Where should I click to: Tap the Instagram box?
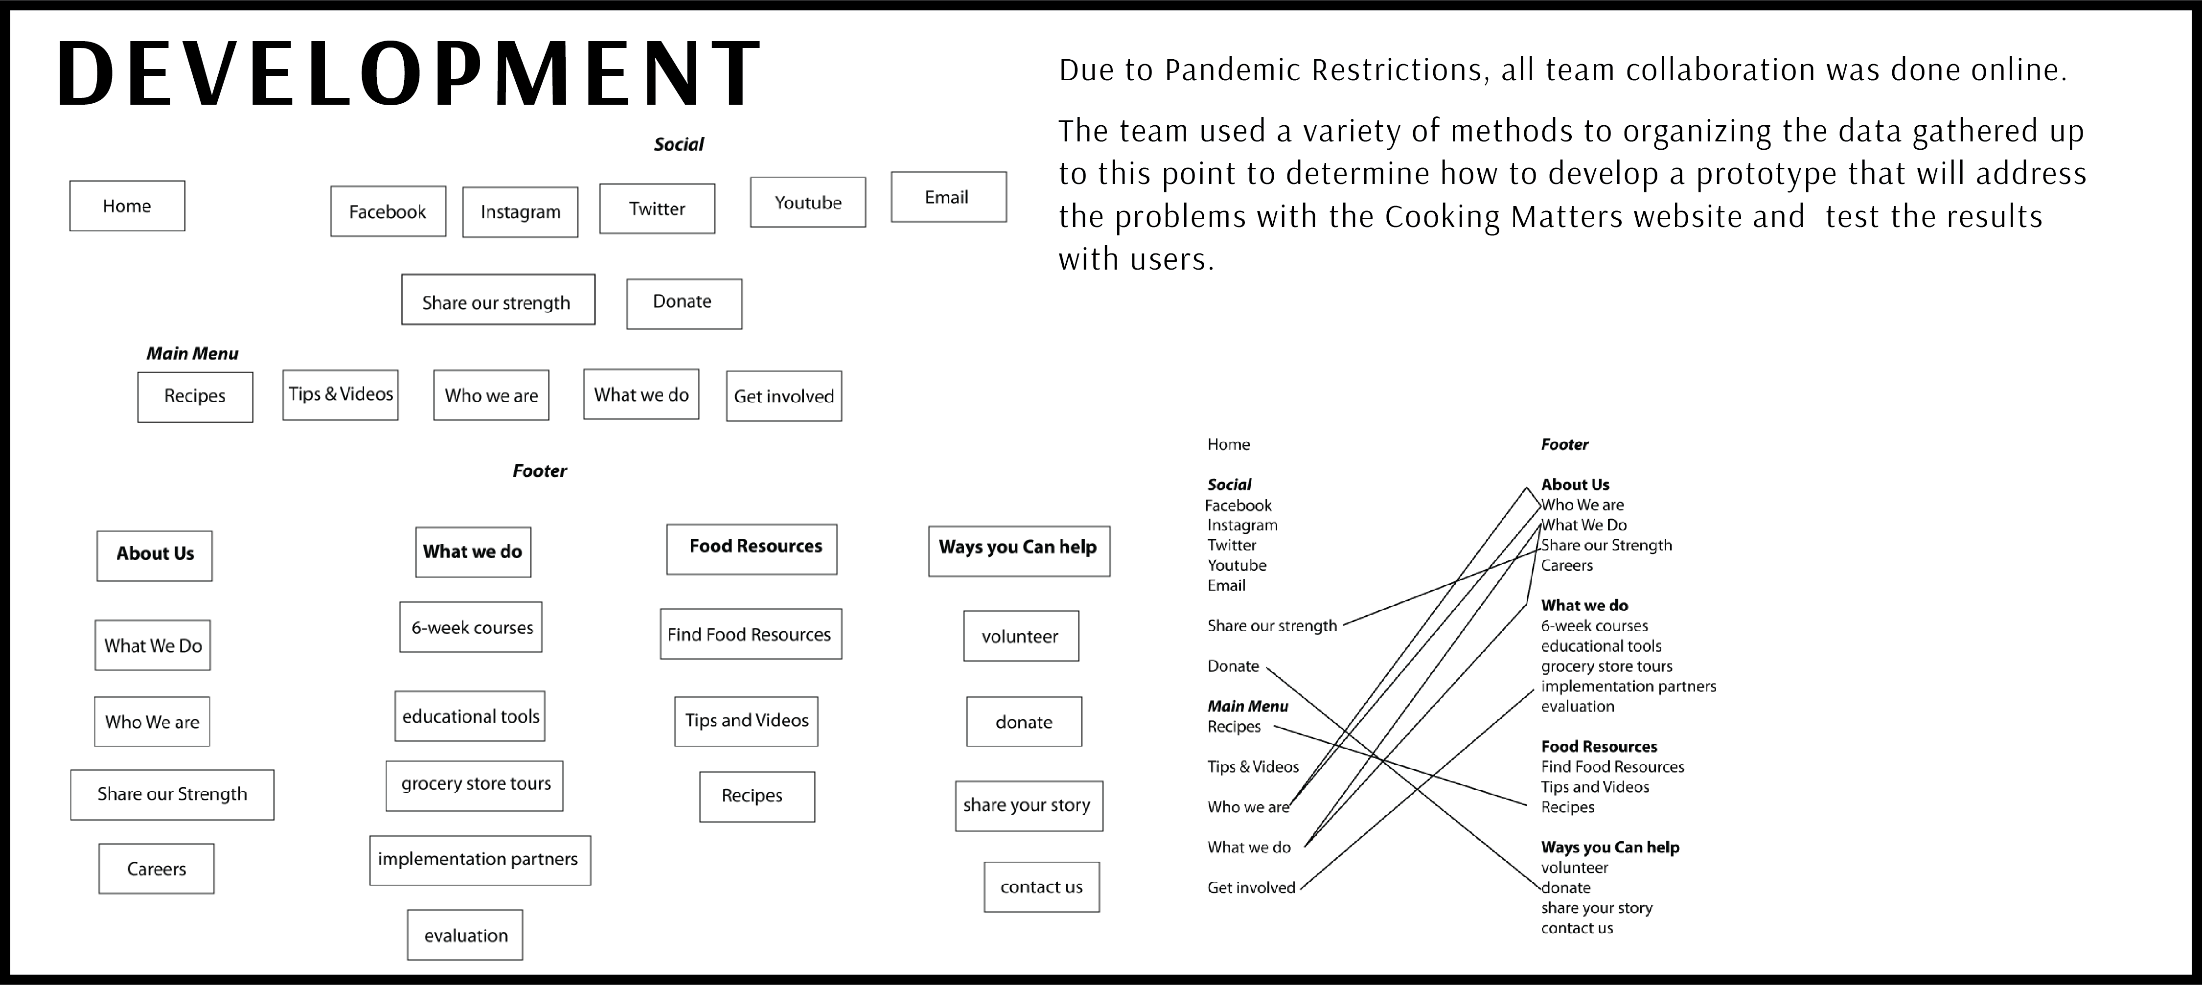pyautogui.click(x=520, y=212)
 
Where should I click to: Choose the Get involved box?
pyautogui.click(x=784, y=396)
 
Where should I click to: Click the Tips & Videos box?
pyautogui.click(x=340, y=394)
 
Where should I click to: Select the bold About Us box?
pyautogui.click(x=155, y=556)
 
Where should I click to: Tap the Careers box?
pyautogui.click(x=157, y=869)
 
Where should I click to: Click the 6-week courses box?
pyautogui.click(x=471, y=627)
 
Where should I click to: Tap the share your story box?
pyautogui.click(x=1029, y=805)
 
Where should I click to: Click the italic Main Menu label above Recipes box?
pyautogui.click(x=192, y=353)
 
